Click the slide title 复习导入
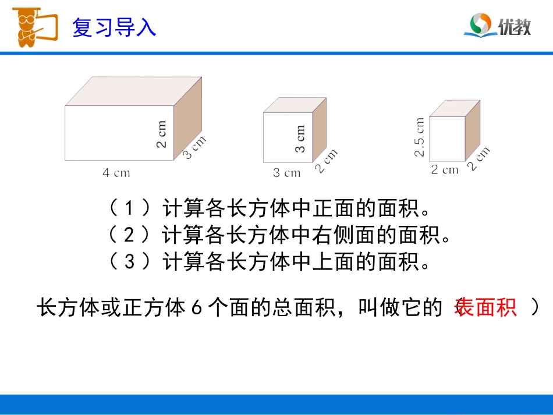[114, 27]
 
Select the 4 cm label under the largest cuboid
[116, 172]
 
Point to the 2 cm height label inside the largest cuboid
[161, 134]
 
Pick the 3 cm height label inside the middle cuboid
[300, 139]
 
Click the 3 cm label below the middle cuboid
[287, 172]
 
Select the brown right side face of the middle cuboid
[319, 129]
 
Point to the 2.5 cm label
[420, 137]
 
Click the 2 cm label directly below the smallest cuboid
[445, 170]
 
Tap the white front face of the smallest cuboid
[447, 139]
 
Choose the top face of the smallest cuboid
[455, 108]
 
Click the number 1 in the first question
[130, 208]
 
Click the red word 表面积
[485, 307]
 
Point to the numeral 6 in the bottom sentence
[196, 308]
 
